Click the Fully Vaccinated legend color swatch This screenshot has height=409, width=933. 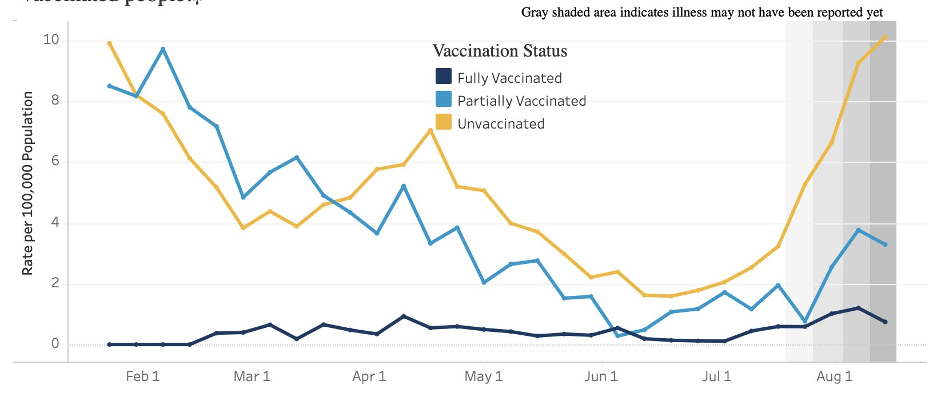click(x=443, y=77)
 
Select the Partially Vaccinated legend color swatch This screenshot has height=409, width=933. click(x=443, y=99)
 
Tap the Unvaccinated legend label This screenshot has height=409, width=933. click(x=501, y=124)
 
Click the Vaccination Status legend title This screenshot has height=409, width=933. click(x=500, y=51)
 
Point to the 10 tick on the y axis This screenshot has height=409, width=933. click(x=51, y=39)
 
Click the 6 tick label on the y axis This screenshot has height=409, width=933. click(x=55, y=161)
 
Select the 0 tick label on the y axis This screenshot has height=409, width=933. click(x=55, y=343)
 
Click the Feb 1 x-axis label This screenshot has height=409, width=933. click(x=142, y=376)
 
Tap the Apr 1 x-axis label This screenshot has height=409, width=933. click(x=369, y=376)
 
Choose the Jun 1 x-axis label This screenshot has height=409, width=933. click(x=600, y=376)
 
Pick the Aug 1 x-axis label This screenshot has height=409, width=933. click(x=834, y=376)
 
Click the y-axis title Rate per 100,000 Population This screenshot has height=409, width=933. click(x=27, y=183)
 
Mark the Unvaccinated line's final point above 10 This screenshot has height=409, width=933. click(x=885, y=37)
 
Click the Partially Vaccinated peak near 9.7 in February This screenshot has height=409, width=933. click(x=163, y=49)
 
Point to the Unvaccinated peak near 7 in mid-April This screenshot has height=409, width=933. click(x=430, y=130)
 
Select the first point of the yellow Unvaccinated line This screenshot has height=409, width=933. click(x=109, y=43)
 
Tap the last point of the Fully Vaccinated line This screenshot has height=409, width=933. click(x=885, y=322)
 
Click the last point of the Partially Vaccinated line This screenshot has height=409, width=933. click(x=885, y=244)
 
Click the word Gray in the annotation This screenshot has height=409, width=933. click(x=535, y=13)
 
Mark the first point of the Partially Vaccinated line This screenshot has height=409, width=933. click(x=109, y=86)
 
